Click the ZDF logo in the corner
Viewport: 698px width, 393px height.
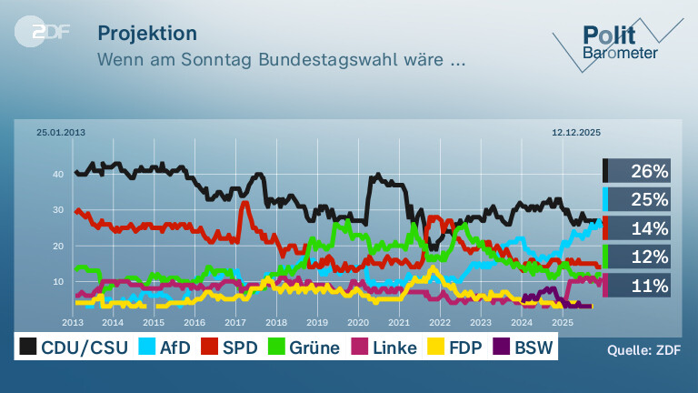point(43,32)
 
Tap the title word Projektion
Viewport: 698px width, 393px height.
point(147,34)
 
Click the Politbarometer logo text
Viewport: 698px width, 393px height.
point(620,43)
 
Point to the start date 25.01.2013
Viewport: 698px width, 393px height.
point(61,132)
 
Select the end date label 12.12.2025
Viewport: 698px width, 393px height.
point(576,132)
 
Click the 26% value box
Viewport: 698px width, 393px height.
point(636,171)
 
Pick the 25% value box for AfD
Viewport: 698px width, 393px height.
point(636,199)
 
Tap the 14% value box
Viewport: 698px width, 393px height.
point(636,228)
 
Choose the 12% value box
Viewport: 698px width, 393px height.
point(636,257)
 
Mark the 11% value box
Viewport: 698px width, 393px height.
point(636,285)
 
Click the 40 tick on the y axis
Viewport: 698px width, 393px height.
point(58,175)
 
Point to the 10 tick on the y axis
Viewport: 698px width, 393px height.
point(58,282)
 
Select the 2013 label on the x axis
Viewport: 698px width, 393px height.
point(73,322)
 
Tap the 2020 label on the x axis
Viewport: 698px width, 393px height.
point(358,322)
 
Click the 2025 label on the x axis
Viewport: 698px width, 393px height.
point(563,322)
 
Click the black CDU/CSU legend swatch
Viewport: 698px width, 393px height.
point(28,347)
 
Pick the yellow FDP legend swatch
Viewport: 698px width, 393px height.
point(436,347)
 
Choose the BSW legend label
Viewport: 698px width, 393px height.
point(533,348)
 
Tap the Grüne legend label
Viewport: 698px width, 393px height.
point(314,348)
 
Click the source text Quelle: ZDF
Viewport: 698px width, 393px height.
point(643,350)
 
